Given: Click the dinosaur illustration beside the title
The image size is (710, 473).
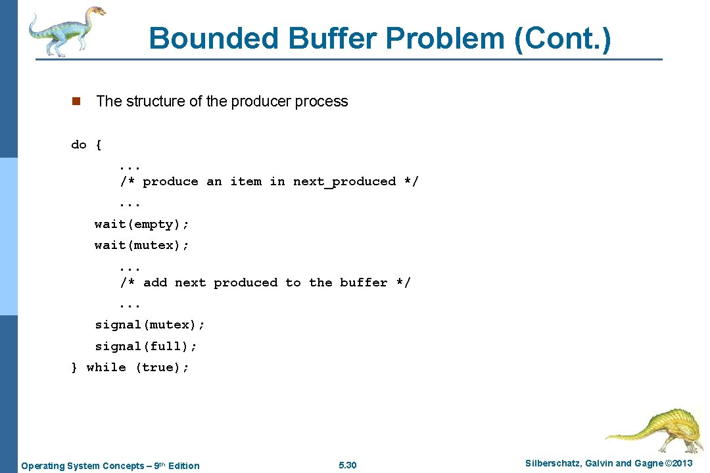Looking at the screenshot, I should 66,32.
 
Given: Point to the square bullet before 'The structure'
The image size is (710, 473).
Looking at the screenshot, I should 76,101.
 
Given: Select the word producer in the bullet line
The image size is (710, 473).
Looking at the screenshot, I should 260,101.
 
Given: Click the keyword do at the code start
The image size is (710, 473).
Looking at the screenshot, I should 78,145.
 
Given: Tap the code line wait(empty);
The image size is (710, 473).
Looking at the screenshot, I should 142,225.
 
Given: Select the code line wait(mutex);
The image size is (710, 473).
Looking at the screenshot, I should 142,245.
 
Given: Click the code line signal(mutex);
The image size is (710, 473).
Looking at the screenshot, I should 150,325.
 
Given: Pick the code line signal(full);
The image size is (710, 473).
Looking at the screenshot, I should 146,346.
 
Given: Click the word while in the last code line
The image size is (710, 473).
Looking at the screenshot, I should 106,367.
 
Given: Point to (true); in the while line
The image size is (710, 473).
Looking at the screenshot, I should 162,367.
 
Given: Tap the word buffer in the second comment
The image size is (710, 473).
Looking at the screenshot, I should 364,282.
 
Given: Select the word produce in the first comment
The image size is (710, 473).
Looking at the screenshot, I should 170,181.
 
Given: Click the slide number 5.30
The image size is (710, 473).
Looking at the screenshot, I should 347,466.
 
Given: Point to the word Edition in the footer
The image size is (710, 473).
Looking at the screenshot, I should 183,466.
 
